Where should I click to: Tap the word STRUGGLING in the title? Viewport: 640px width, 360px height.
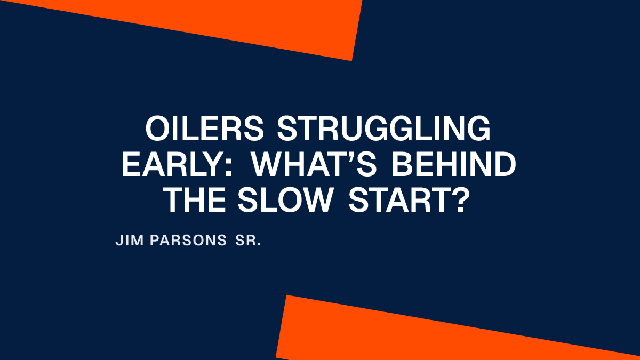[383, 130]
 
